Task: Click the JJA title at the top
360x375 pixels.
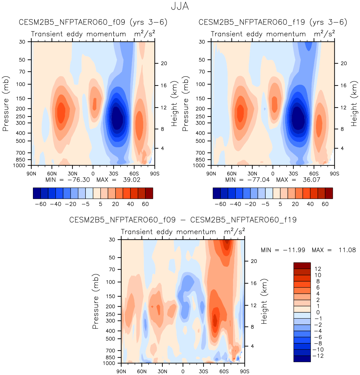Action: pyautogui.click(x=180, y=6)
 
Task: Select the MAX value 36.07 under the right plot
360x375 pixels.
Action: pyautogui.click(x=312, y=180)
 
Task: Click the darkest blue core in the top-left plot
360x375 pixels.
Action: pyautogui.click(x=117, y=118)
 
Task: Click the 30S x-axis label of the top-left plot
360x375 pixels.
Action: pyautogui.click(x=113, y=174)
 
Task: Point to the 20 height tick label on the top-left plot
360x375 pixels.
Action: pyautogui.click(x=164, y=63)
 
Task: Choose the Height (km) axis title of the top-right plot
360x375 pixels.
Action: pyautogui.click(x=354, y=103)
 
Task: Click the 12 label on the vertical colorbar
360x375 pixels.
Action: pyautogui.click(x=318, y=269)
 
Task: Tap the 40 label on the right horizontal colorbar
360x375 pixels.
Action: pyautogui.click(x=310, y=204)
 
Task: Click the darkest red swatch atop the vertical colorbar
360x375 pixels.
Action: pyautogui.click(x=302, y=266)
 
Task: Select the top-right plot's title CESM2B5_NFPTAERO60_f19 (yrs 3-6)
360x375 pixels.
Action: pyautogui.click(x=273, y=22)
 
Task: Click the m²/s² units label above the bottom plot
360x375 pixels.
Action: pyautogui.click(x=235, y=231)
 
